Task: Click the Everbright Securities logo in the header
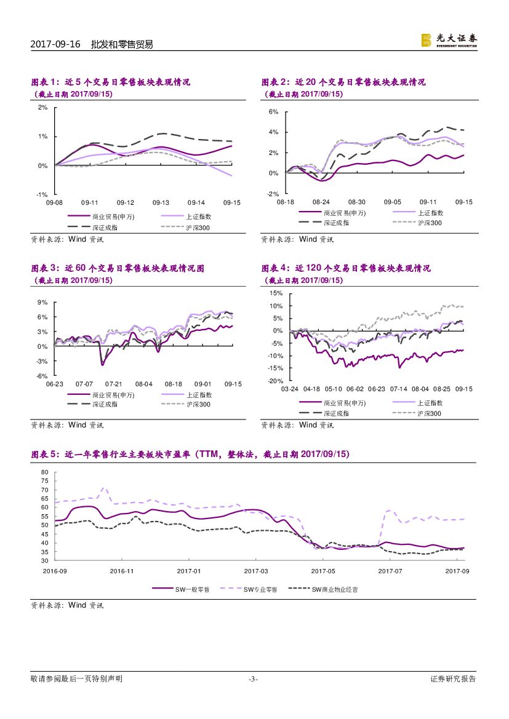tap(449, 40)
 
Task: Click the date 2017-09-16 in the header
tap(55, 44)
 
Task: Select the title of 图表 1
tap(111, 82)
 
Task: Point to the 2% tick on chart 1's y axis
tap(43, 107)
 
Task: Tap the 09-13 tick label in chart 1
tap(161, 202)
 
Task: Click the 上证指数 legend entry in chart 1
tap(198, 216)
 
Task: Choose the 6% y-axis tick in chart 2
tap(274, 112)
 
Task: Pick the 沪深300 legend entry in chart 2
tap(429, 223)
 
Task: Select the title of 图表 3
tap(118, 268)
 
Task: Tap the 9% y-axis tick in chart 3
tap(43, 302)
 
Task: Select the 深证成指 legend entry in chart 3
tap(105, 404)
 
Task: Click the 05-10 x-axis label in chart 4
tap(333, 389)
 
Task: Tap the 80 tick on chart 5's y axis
tap(44, 472)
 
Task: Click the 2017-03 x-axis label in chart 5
tap(255, 571)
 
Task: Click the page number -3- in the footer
tap(253, 679)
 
